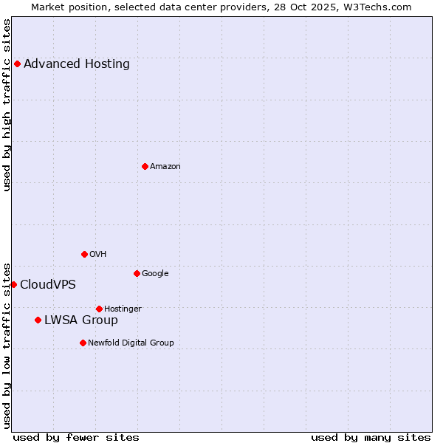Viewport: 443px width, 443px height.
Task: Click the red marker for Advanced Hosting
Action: point(17,63)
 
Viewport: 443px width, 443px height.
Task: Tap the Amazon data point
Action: point(145,166)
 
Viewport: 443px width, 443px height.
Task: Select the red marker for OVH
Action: point(84,254)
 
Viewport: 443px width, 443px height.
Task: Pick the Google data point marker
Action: point(137,273)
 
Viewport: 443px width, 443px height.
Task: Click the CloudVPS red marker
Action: point(13,284)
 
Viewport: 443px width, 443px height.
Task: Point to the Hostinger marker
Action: point(99,309)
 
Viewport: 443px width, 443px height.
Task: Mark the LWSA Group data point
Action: point(38,320)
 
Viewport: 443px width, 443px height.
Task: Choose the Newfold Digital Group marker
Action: point(83,343)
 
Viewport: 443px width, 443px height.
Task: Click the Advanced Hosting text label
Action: point(77,63)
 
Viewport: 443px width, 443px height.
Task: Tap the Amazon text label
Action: point(165,167)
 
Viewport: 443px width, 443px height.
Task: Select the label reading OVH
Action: point(98,255)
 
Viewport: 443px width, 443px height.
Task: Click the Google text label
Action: point(155,274)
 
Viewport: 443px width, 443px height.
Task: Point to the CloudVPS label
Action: point(48,285)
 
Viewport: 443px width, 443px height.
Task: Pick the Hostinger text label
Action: point(123,309)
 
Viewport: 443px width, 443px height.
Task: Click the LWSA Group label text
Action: point(81,320)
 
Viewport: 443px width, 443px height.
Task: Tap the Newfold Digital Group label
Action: point(131,343)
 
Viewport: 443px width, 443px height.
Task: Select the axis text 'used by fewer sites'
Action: point(76,437)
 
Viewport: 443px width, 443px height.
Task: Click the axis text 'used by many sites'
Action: point(371,437)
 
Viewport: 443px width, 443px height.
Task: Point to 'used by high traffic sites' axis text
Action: point(7,105)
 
